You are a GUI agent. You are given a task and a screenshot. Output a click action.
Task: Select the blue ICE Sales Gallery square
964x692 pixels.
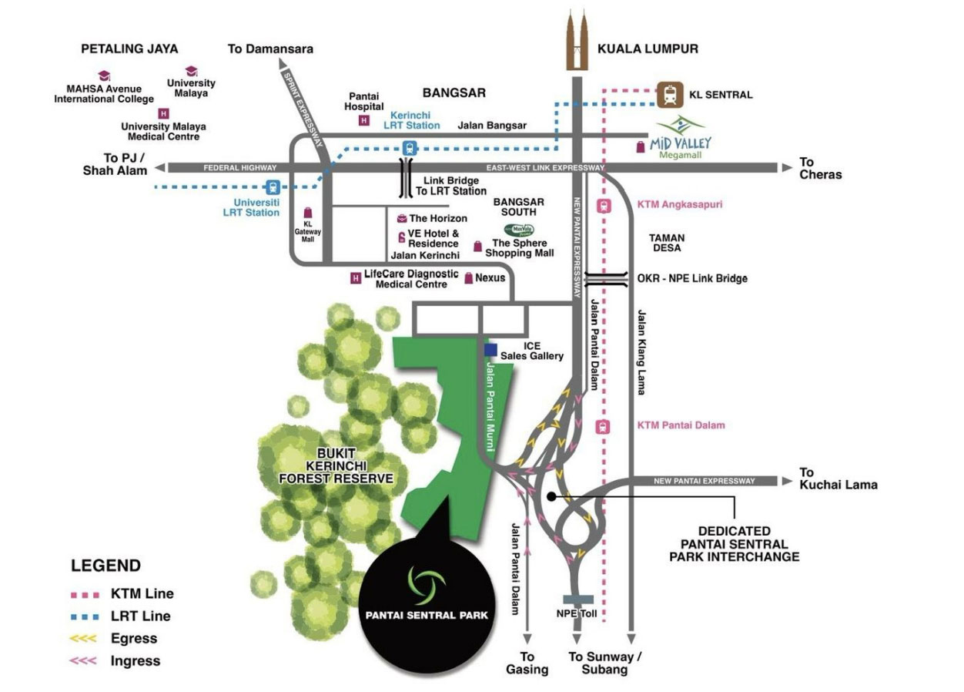coord(490,350)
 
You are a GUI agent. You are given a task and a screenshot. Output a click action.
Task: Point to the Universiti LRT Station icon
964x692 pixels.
coord(271,186)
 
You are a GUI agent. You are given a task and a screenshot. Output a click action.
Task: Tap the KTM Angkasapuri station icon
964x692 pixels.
coord(604,206)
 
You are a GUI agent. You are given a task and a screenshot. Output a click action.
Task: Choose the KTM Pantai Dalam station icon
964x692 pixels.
coord(604,426)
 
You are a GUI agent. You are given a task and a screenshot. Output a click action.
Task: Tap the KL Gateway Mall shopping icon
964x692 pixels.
coord(308,213)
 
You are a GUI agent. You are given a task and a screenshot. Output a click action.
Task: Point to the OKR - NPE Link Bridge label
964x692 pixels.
coord(692,278)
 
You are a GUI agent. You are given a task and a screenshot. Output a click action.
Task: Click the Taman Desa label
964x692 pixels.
coord(667,244)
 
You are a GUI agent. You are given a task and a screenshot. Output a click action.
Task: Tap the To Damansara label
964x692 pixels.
coord(270,49)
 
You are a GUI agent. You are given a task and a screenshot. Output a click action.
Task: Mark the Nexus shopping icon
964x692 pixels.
coord(468,278)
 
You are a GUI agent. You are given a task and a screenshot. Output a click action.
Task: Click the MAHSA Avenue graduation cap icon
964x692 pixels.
coord(104,76)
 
